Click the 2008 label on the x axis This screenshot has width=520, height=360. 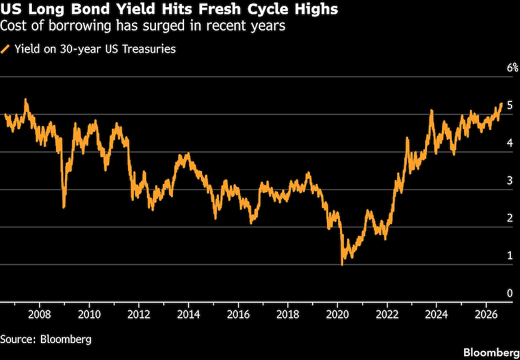[40, 315]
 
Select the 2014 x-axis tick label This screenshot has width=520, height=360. [188, 315]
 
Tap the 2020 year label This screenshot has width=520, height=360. [337, 315]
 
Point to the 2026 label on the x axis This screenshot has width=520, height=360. [486, 315]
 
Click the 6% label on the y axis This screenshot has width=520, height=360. [512, 68]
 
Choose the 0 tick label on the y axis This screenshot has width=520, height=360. [510, 293]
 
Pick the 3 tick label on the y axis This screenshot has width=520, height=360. [510, 181]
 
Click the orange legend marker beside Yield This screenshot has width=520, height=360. [5, 49]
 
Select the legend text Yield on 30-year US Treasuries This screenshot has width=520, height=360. [95, 49]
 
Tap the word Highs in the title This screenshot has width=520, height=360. [317, 10]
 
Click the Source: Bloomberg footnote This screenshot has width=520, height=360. [45, 339]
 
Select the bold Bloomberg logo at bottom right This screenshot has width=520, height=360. [491, 352]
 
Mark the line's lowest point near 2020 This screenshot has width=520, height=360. [342, 264]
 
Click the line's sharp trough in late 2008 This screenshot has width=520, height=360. [64, 207]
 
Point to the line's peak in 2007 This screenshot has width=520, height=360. [26, 99]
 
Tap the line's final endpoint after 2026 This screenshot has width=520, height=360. [501, 104]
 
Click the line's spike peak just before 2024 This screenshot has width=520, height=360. [432, 110]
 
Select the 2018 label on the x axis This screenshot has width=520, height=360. [288, 315]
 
